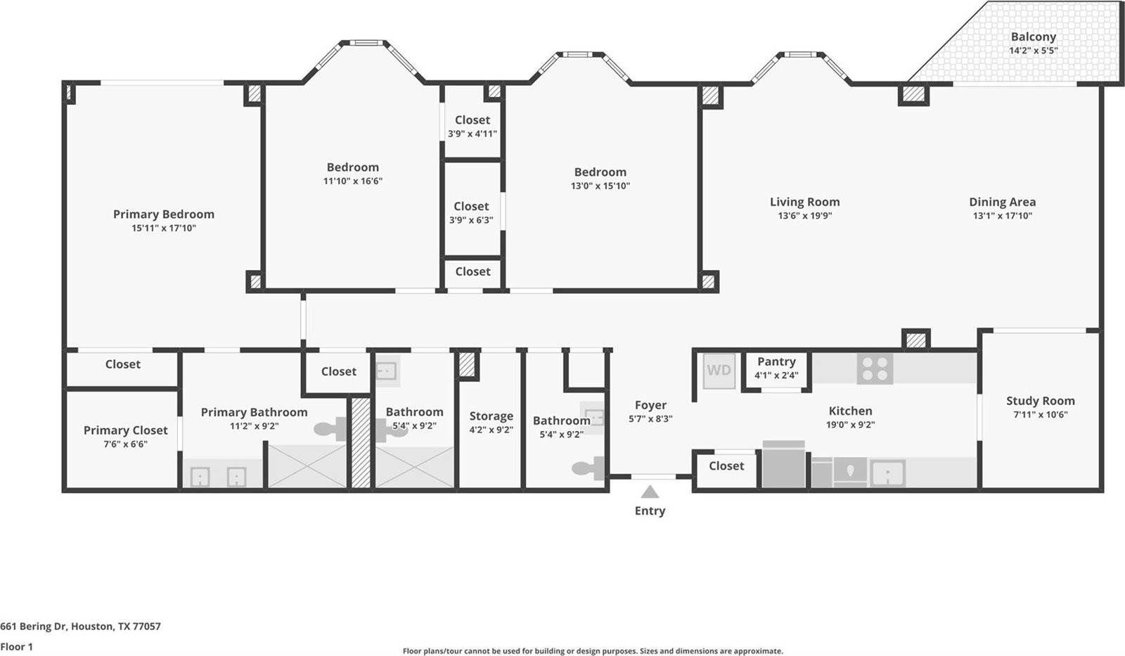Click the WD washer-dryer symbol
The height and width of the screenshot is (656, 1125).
(719, 371)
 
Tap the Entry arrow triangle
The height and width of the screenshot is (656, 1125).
(650, 491)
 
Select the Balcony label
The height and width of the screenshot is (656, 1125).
(1033, 37)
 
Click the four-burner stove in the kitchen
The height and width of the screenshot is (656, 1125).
(875, 368)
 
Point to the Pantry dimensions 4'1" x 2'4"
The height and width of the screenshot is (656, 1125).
(776, 375)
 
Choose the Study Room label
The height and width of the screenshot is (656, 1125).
(1041, 401)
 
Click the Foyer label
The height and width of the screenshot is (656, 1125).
(650, 405)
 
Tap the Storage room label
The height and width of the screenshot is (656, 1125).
(491, 416)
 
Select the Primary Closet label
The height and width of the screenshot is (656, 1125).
(126, 430)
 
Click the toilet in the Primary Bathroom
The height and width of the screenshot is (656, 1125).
(330, 429)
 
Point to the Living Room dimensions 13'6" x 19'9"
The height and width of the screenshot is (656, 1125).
(805, 215)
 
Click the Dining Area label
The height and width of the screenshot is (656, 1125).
(1003, 202)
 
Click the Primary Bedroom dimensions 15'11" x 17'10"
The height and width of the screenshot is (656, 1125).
(164, 228)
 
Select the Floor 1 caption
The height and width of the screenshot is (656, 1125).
(17, 646)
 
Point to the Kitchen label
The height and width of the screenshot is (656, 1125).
(850, 411)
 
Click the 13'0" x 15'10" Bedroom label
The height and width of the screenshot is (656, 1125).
(600, 172)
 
